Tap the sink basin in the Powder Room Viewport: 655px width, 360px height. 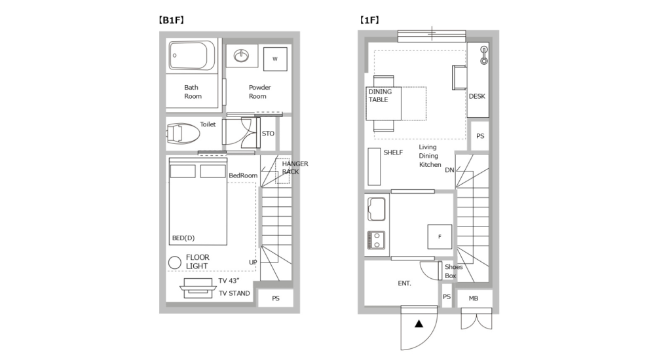(242, 56)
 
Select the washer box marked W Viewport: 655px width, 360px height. (275, 59)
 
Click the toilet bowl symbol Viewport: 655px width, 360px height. (183, 134)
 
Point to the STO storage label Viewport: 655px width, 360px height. (268, 134)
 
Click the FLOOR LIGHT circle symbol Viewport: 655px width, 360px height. (174, 262)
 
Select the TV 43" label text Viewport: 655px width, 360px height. (229, 281)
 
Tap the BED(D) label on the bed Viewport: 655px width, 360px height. (183, 238)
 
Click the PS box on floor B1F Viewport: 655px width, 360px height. (275, 298)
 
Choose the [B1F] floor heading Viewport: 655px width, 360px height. (172, 20)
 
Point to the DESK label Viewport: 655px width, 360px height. (477, 96)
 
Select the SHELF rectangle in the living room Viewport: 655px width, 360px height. (374, 166)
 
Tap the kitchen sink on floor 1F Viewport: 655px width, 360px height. (377, 209)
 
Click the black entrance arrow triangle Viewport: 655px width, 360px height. (418, 323)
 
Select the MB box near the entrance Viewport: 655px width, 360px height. (473, 298)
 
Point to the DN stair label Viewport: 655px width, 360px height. (449, 170)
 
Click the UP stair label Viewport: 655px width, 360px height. (253, 262)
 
